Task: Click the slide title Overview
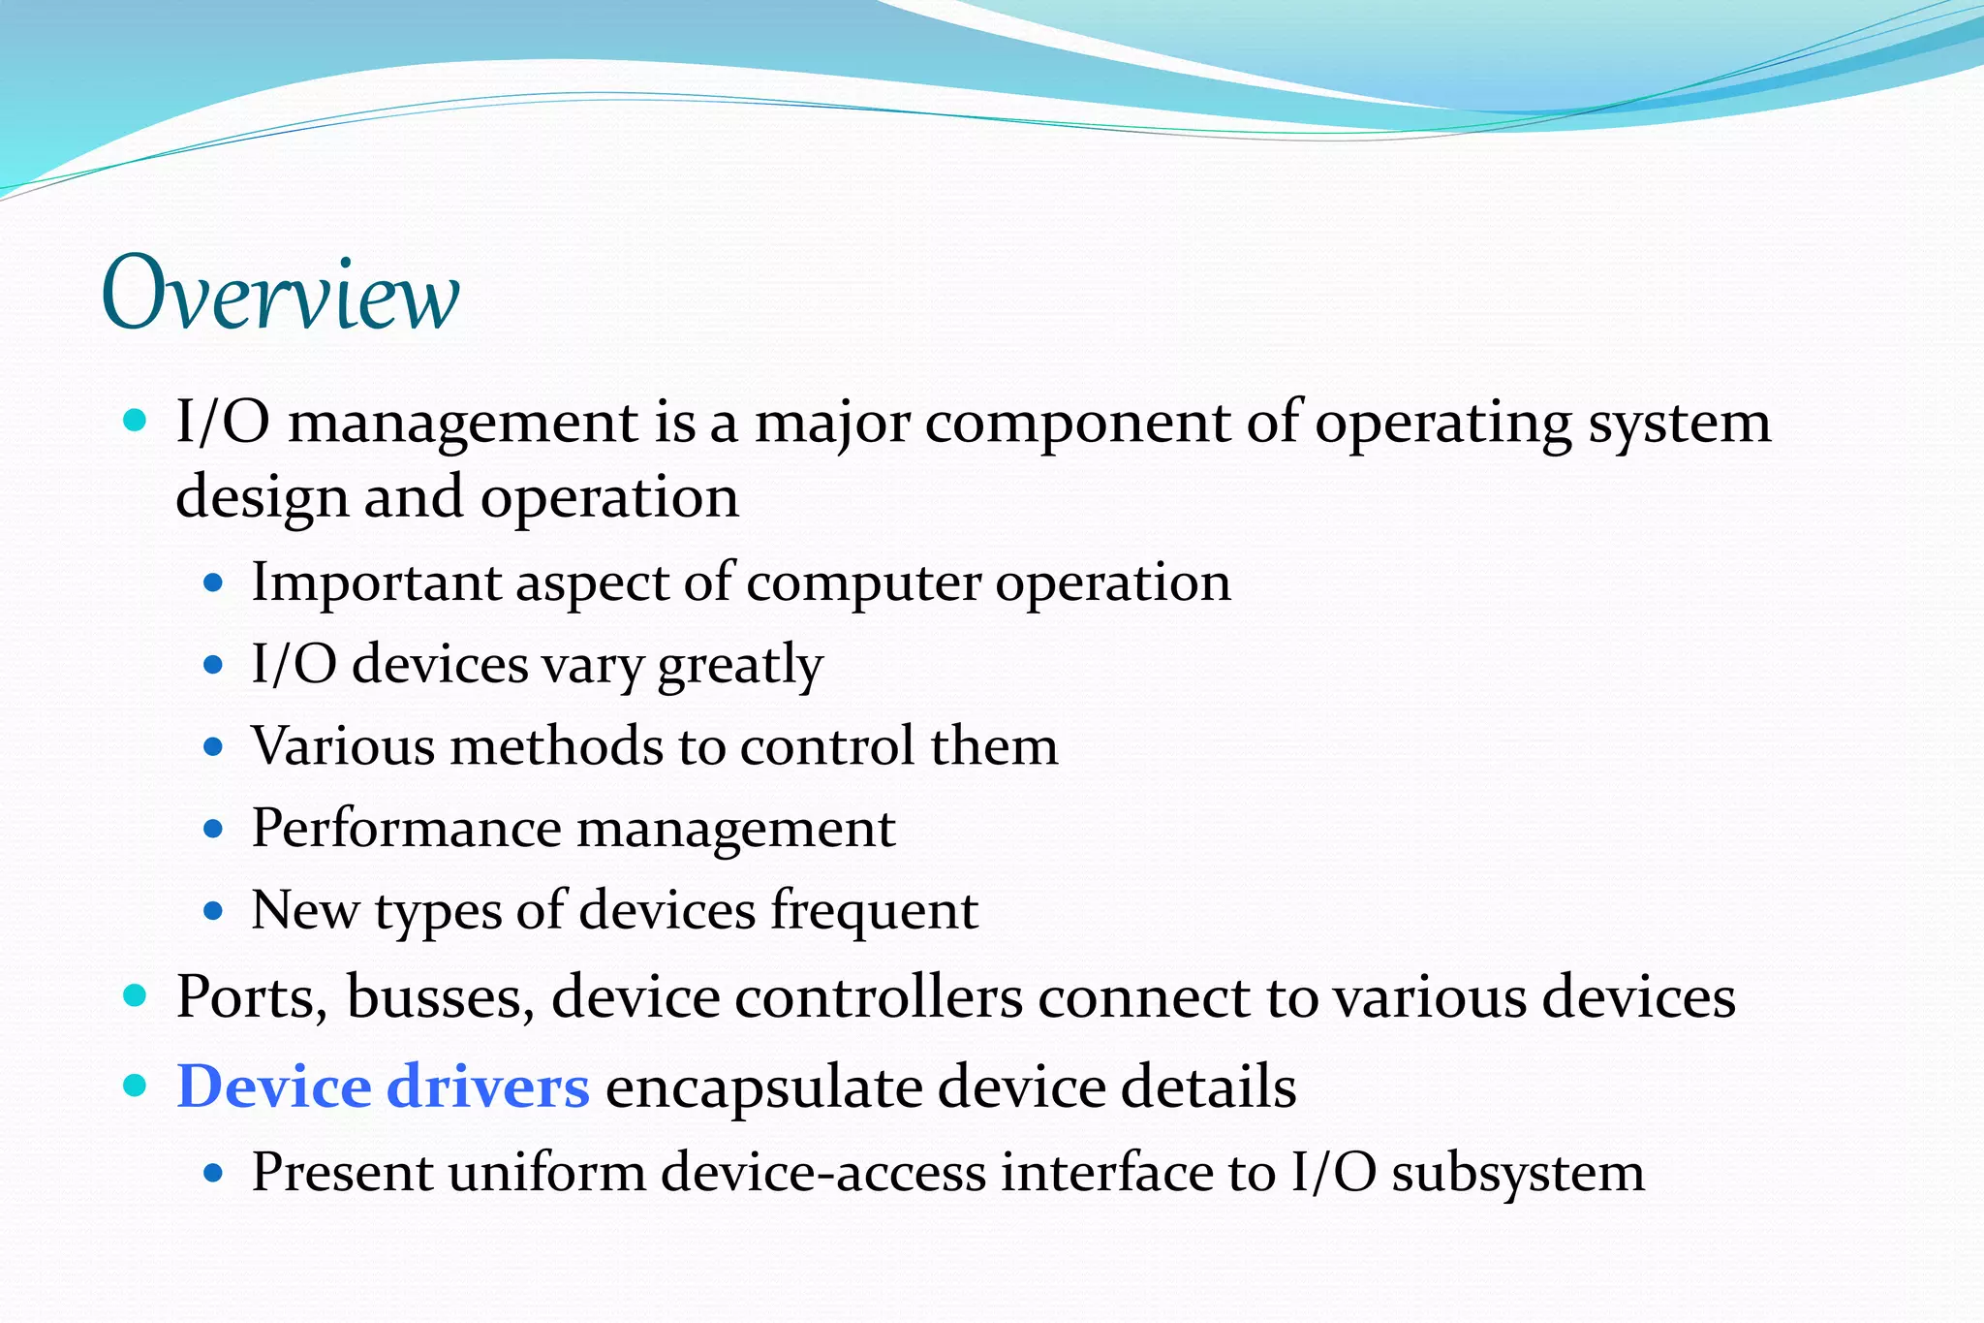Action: [x=280, y=294]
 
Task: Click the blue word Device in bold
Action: [x=273, y=1086]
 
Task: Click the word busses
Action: [x=440, y=996]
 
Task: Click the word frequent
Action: [x=874, y=911]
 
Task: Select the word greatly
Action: [x=740, y=666]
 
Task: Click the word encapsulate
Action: [x=763, y=1087]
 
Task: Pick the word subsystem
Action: [x=1518, y=1173]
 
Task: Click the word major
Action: [x=832, y=425]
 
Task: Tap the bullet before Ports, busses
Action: [x=136, y=994]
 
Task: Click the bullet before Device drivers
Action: [x=136, y=1085]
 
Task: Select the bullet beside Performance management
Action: [x=214, y=830]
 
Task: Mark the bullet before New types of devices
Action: [x=214, y=911]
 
